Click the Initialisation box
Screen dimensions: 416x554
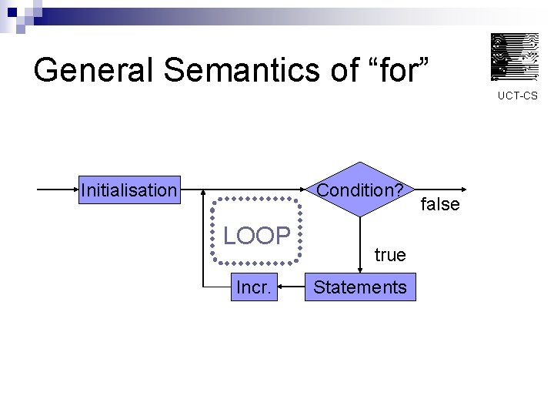coord(128,190)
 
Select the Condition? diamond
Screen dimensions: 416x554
coord(360,190)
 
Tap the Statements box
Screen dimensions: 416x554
coord(359,287)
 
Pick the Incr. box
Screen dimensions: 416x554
coord(253,287)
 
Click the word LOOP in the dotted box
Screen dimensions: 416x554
coord(256,236)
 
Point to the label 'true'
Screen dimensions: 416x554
coord(390,255)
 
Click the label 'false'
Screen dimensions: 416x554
coord(440,204)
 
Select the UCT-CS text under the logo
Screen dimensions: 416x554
coord(517,96)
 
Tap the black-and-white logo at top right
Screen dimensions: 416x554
coord(515,57)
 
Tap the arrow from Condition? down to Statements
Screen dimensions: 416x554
coord(360,243)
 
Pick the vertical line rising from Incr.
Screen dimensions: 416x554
coord(203,239)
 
